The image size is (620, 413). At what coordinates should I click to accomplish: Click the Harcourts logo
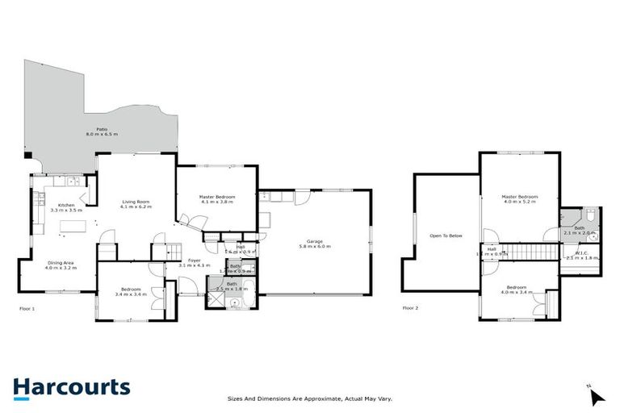71,387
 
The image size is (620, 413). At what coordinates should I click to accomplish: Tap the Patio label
103,128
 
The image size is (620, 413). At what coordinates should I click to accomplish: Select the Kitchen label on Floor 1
66,205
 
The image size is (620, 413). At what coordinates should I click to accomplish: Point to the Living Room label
136,201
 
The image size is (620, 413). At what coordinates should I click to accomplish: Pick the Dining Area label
62,261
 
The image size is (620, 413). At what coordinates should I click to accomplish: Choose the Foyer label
194,260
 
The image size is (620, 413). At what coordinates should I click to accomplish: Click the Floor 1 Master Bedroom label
217,197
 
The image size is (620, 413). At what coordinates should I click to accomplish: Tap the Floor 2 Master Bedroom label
519,196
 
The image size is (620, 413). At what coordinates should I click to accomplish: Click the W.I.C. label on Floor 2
581,253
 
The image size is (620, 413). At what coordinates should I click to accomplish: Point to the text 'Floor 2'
412,308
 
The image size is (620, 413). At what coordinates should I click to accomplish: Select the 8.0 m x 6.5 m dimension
103,134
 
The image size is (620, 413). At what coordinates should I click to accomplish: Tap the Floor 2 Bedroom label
517,287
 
